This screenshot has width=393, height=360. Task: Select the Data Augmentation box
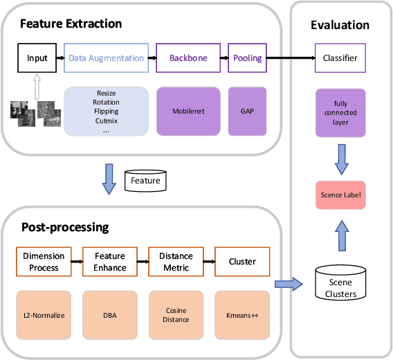(x=107, y=58)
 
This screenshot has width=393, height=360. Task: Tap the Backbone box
(x=188, y=58)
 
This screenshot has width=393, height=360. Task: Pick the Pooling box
(x=247, y=58)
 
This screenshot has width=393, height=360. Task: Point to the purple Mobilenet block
(x=188, y=111)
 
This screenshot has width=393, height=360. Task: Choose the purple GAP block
(x=247, y=111)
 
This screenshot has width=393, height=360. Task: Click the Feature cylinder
(x=145, y=181)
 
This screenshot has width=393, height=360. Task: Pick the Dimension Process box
(x=43, y=262)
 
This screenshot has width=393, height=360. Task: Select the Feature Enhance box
(x=110, y=262)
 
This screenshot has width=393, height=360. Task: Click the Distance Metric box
(x=176, y=262)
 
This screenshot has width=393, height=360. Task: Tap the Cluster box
(x=242, y=262)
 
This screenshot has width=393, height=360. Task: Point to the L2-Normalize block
(x=43, y=315)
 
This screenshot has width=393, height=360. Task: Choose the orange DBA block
(x=110, y=315)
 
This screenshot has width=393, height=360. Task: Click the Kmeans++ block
(x=242, y=315)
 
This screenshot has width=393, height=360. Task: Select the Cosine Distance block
(x=176, y=315)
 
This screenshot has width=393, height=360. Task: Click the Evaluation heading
(x=340, y=25)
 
